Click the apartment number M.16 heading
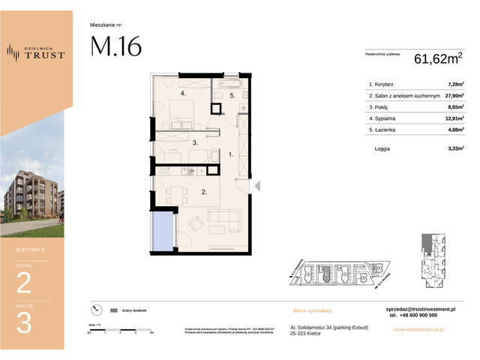coord(115,47)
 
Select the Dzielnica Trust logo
coord(35,52)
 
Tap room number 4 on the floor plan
coord(182,94)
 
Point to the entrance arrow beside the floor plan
coord(256,185)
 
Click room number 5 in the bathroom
coord(232,96)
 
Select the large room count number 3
coord(25,323)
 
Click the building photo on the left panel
coord(36,191)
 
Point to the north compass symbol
coord(94,309)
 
